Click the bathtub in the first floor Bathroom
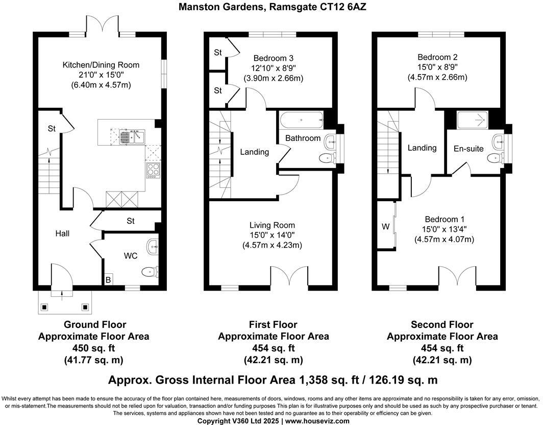click(x=301, y=121)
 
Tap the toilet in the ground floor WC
click(x=151, y=271)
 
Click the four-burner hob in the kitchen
click(x=152, y=170)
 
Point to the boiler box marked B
click(x=108, y=280)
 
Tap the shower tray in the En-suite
click(x=474, y=121)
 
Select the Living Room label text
click(x=272, y=225)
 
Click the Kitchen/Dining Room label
click(x=101, y=65)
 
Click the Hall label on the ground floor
click(x=62, y=233)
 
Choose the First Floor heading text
click(x=273, y=324)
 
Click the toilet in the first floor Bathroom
click(x=327, y=159)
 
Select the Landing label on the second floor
click(x=422, y=148)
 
